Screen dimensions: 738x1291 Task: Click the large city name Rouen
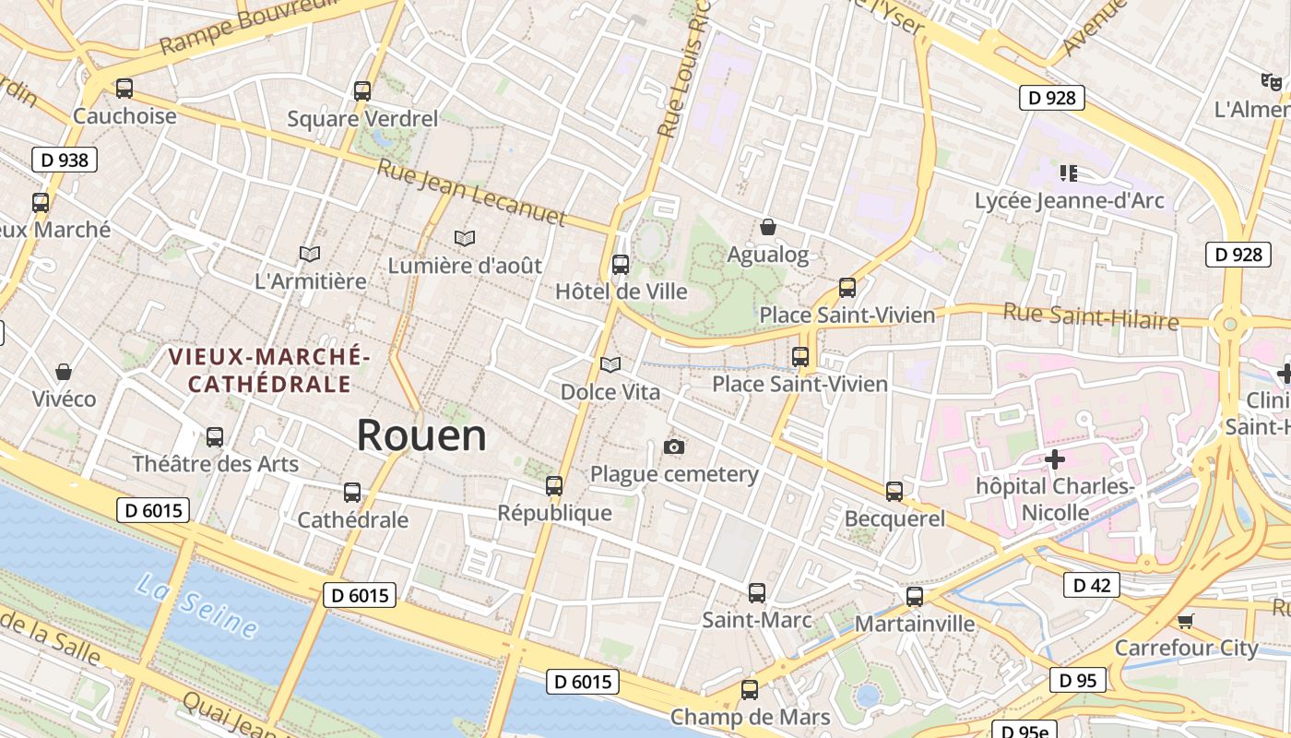pos(421,434)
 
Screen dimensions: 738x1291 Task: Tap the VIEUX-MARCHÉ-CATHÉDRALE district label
pos(269,370)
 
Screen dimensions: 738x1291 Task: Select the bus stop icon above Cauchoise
pos(124,89)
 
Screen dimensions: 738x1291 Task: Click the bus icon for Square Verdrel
pos(362,91)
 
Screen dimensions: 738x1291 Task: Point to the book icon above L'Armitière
pos(310,254)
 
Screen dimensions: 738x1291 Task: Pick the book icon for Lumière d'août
pos(465,238)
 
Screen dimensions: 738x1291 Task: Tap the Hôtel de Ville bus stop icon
pos(621,265)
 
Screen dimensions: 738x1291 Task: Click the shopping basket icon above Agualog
pos(767,227)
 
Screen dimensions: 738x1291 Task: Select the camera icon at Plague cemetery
pos(674,447)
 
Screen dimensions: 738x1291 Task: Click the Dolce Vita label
pos(610,392)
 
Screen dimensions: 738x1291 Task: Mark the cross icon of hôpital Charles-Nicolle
pos(1055,458)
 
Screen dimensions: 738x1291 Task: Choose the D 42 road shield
pos(1092,585)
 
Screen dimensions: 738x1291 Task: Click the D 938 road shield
pos(65,160)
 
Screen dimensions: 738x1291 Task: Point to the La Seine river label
pos(196,605)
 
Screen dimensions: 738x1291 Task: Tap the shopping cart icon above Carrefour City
pos(1186,621)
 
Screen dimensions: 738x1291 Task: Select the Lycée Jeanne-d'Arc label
pos(1070,200)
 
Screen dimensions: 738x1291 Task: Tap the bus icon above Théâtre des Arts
pos(215,437)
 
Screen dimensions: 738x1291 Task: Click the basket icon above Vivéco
pos(64,372)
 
